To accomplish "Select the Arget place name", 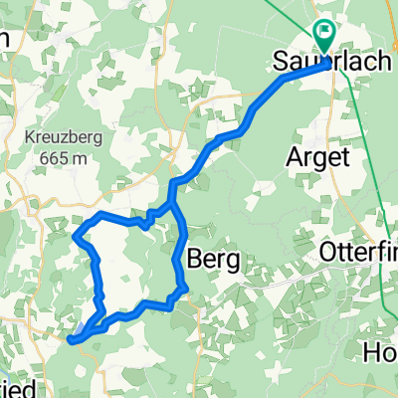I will [314, 156].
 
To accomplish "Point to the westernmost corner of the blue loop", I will [77, 236].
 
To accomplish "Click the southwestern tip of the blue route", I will [73, 340].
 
